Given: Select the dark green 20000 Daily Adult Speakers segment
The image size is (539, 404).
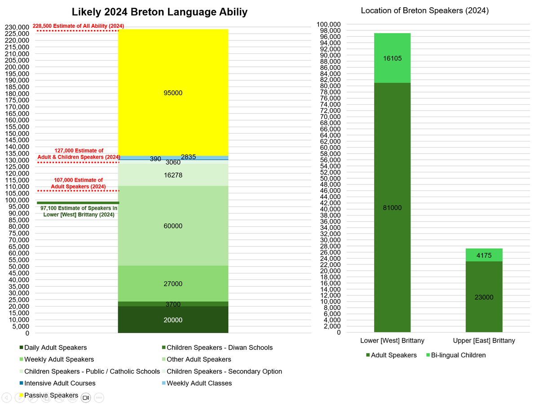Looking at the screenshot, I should pos(173,320).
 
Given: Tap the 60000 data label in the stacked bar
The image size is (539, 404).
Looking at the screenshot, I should pos(173,226).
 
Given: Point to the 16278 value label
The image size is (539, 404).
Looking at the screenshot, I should pos(173,176).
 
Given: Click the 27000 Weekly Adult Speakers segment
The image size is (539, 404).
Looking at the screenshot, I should pos(173,284).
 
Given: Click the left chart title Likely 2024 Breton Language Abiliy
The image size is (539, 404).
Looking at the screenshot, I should pos(159,12).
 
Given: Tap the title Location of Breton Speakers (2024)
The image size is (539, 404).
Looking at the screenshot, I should pos(424,10).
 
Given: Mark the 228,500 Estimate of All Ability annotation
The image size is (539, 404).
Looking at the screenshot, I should pos(78,26).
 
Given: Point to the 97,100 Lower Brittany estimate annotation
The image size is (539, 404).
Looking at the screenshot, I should pos(79,211).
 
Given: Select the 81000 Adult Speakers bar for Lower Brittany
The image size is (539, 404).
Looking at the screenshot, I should pos(392,208).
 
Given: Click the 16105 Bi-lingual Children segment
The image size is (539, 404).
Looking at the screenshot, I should pos(392,58).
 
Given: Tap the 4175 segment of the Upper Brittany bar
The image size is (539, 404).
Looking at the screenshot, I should pos(484,255).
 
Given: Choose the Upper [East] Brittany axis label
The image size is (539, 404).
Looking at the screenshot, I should pos(484,341).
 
